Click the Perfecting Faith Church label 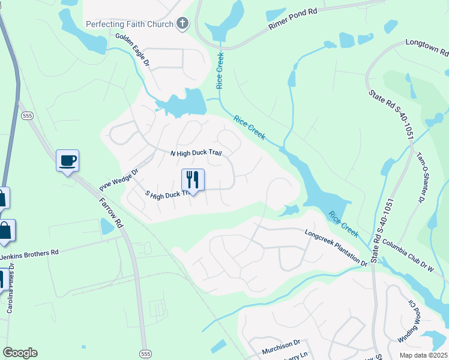coord(130,24)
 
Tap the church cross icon coord(183,24)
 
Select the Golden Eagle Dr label coord(132,50)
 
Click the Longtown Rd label coord(427,43)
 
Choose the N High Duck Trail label coord(196,153)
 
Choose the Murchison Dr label coord(280,344)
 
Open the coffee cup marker coord(67,161)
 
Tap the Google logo coord(20,353)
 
